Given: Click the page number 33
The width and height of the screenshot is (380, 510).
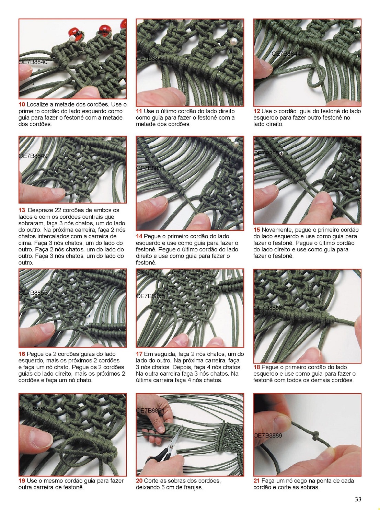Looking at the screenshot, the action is coord(358,499).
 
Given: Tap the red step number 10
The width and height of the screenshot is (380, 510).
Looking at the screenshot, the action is coord(22,104).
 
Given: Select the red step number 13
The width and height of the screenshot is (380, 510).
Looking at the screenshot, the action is coord(22,210).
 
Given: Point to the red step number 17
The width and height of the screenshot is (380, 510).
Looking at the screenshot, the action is coord(139,354).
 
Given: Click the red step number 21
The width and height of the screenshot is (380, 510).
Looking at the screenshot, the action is coord(256,481).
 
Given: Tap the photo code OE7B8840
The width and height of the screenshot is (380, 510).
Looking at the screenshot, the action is coord(33,62).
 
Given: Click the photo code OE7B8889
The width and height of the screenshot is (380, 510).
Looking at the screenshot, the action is coord(268,435).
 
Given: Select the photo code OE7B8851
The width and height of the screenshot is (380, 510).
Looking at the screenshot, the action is coord(150,168).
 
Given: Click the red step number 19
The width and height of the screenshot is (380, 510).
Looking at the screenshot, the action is coord(22,481).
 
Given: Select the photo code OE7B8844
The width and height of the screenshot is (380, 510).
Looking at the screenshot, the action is coord(286,54).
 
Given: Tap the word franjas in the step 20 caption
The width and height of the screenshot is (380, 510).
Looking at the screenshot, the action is coord(193,487).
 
